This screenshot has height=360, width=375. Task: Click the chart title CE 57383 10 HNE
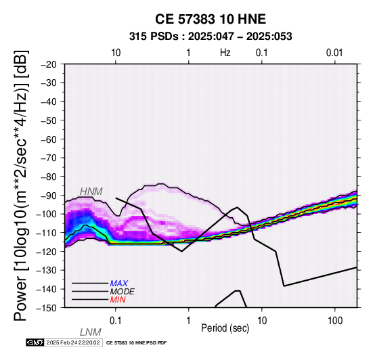pyautogui.click(x=211, y=19)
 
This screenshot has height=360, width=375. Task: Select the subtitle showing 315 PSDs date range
pyautogui.click(x=211, y=37)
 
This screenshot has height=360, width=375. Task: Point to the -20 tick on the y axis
pyautogui.click(x=49, y=64)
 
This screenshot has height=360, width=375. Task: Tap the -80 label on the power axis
pyautogui.click(x=49, y=177)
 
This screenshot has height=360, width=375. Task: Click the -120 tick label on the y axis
pyautogui.click(x=47, y=252)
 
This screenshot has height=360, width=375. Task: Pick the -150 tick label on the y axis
pyautogui.click(x=47, y=308)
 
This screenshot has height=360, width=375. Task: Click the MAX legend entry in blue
pyautogui.click(x=119, y=284)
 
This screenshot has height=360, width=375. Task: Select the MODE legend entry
pyautogui.click(x=123, y=292)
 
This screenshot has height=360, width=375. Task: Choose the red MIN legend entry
pyautogui.click(x=118, y=300)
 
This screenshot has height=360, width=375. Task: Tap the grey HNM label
pyautogui.click(x=91, y=192)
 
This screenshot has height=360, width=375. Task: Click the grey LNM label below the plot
pyautogui.click(x=91, y=332)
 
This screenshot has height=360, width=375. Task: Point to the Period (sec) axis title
pyautogui.click(x=225, y=328)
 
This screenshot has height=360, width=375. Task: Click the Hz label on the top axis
pyautogui.click(x=225, y=53)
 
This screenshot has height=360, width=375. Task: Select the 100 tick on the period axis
pyautogui.click(x=335, y=321)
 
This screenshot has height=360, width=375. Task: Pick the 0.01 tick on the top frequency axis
pyautogui.click(x=334, y=53)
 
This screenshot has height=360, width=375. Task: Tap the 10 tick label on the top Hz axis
pyautogui.click(x=116, y=53)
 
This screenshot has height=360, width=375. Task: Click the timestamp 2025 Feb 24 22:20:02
pyautogui.click(x=73, y=342)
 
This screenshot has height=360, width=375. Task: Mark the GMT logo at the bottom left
pyautogui.click(x=35, y=342)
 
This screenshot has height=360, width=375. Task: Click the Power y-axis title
pyautogui.click(x=21, y=185)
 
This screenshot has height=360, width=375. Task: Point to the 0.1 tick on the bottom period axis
pyautogui.click(x=116, y=321)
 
